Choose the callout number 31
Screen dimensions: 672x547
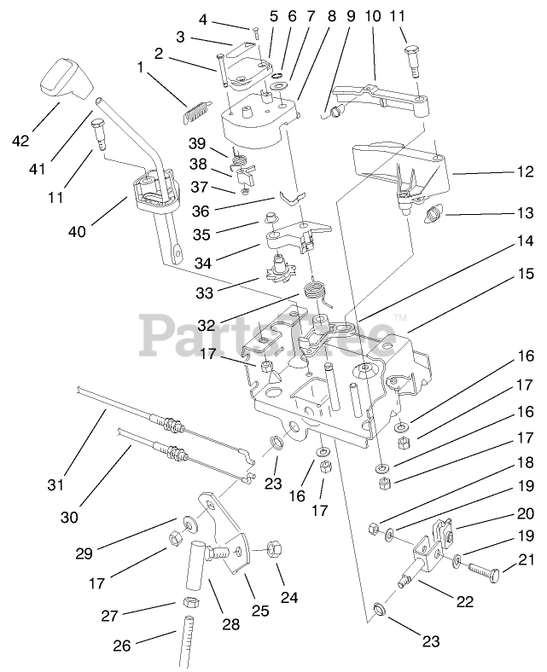[x=56, y=485]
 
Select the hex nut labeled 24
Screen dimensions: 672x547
[x=276, y=549]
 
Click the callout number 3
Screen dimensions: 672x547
[x=180, y=37]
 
